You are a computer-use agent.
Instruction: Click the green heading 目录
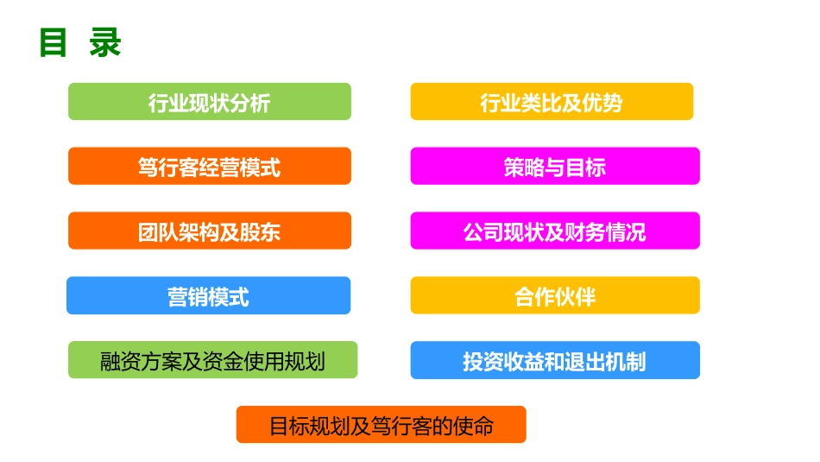[x=80, y=43]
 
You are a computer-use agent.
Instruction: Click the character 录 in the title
[x=105, y=43]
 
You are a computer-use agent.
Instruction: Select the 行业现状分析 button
[x=210, y=102]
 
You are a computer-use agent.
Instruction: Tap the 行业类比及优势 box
[x=552, y=102]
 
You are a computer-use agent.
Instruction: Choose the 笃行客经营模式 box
[x=210, y=167]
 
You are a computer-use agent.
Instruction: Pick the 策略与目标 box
[x=555, y=167]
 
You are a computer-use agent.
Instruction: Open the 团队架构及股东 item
[x=210, y=231]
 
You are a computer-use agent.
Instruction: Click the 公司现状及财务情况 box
[x=555, y=231]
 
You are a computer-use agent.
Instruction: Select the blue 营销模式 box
[x=209, y=296]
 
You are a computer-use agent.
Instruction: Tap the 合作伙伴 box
[x=555, y=296]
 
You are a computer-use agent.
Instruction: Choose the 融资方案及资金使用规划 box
[x=212, y=360]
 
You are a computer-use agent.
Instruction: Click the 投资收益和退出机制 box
[x=555, y=360]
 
